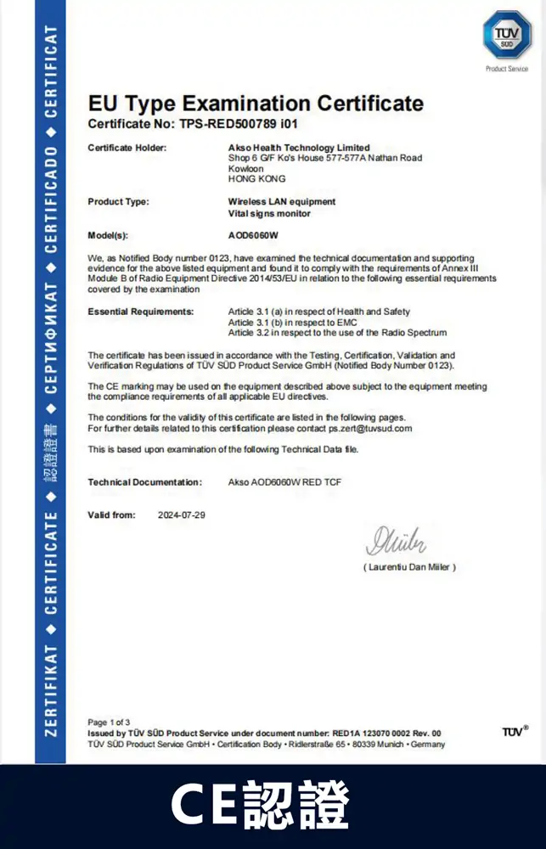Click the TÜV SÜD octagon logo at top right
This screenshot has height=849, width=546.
click(507, 35)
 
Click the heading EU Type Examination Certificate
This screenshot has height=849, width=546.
click(256, 104)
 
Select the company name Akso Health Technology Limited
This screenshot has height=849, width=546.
click(299, 148)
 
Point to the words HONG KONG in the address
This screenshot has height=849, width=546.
click(256, 179)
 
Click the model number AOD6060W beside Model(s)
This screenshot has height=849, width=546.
click(254, 234)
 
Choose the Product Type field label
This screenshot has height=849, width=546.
click(118, 202)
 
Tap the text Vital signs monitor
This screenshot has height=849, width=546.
click(269, 214)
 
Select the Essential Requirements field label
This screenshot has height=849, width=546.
click(140, 312)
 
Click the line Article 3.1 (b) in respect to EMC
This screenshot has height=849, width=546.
click(291, 323)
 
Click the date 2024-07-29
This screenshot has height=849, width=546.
click(182, 515)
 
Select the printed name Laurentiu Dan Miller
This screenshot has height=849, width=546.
click(409, 566)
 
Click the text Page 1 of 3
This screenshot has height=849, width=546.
click(109, 722)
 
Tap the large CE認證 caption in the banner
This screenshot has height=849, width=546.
click(260, 806)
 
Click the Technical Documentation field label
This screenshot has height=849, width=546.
click(144, 482)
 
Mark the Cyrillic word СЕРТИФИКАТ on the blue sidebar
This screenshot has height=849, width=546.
click(51, 339)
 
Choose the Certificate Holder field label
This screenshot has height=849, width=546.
click(127, 148)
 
